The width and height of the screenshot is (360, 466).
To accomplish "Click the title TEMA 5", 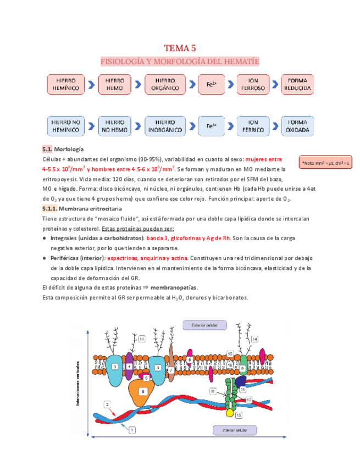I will (180, 48).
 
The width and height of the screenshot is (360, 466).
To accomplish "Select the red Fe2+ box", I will (212, 84).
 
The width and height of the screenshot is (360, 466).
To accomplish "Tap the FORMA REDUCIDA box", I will (298, 84).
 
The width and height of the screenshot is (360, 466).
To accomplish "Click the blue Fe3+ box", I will (212, 126).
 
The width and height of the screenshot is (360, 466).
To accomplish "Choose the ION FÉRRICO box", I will (253, 126).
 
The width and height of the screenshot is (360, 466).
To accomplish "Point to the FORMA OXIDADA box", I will (298, 126).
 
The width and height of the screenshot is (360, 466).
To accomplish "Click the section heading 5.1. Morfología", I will (63, 149).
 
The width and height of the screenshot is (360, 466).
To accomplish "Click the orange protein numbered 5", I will (142, 391).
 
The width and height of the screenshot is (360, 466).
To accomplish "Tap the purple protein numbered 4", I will (129, 367).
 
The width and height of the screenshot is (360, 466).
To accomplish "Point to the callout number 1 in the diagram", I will (132, 431).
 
